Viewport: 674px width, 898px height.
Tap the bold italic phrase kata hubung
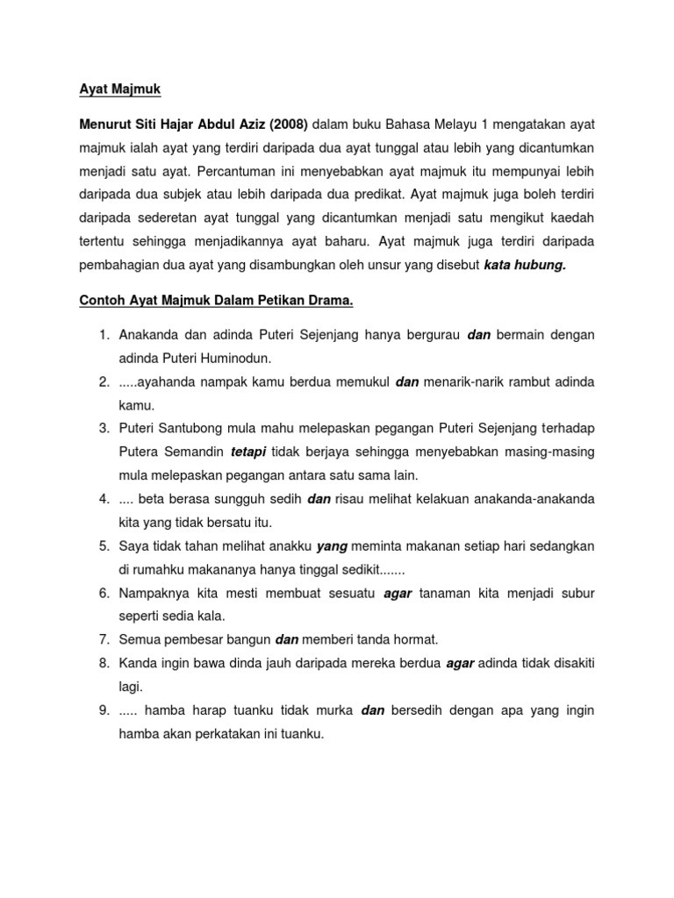(525, 266)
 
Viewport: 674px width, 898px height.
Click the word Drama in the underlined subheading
(326, 302)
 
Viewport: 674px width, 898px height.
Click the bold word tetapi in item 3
(248, 453)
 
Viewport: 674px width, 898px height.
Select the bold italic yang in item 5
(333, 546)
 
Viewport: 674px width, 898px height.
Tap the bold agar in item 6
(398, 594)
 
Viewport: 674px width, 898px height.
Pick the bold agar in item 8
(461, 664)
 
